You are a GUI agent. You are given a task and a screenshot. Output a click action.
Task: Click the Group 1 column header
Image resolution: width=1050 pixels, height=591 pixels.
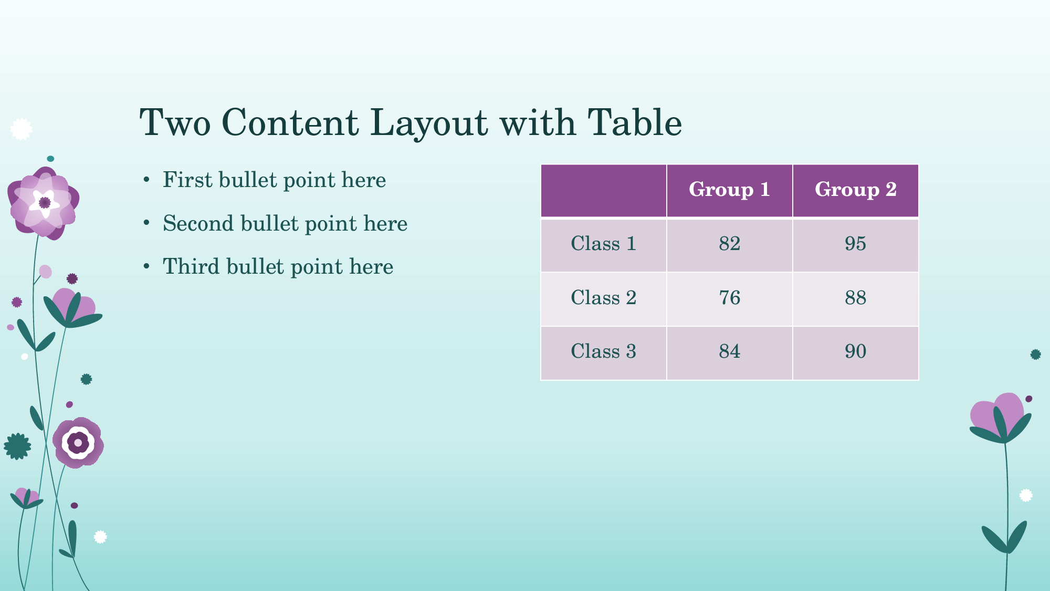coord(729,190)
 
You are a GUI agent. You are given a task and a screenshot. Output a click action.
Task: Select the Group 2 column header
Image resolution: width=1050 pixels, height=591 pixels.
coord(855,190)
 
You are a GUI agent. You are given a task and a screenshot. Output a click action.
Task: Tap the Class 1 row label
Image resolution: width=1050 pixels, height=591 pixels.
coord(603,244)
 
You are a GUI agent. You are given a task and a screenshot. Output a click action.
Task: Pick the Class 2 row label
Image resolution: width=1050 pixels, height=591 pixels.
coord(603,298)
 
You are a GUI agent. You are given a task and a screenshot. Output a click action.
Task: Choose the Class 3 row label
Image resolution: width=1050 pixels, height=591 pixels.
coord(603,351)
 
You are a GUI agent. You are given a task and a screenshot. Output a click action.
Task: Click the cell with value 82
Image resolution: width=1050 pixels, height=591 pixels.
coord(729,245)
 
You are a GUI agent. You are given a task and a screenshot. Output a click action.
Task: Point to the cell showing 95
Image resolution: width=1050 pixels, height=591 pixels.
coord(855,245)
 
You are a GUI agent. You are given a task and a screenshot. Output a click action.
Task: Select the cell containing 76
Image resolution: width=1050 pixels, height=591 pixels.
coord(729,299)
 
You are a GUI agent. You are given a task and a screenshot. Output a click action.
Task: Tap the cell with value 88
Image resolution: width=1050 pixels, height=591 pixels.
coord(855,299)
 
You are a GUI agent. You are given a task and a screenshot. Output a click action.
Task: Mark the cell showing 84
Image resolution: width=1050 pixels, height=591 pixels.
coord(729,353)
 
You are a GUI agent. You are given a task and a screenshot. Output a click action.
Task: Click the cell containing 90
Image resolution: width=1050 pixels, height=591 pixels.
coord(855,353)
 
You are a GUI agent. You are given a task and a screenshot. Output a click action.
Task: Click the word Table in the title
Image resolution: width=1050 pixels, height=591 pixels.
coord(635,123)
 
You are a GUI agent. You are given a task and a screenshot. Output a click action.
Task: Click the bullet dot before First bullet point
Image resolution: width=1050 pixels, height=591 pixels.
coord(146,180)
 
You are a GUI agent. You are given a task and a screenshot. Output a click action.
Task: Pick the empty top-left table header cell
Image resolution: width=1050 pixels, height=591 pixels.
coord(603,190)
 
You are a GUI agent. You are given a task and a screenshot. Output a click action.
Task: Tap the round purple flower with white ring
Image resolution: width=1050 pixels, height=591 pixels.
coord(78,443)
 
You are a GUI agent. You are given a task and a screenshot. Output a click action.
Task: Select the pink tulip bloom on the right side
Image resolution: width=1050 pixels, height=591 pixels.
coord(997,415)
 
